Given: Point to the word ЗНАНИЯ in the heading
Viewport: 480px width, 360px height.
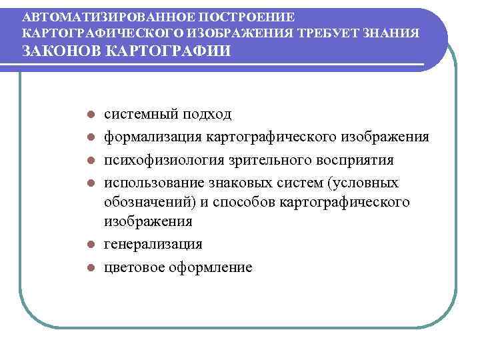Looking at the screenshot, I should point(398,33).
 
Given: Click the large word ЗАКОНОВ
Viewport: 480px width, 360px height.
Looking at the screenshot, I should point(60,51).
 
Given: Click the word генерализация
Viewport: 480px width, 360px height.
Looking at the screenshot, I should point(153,245).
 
